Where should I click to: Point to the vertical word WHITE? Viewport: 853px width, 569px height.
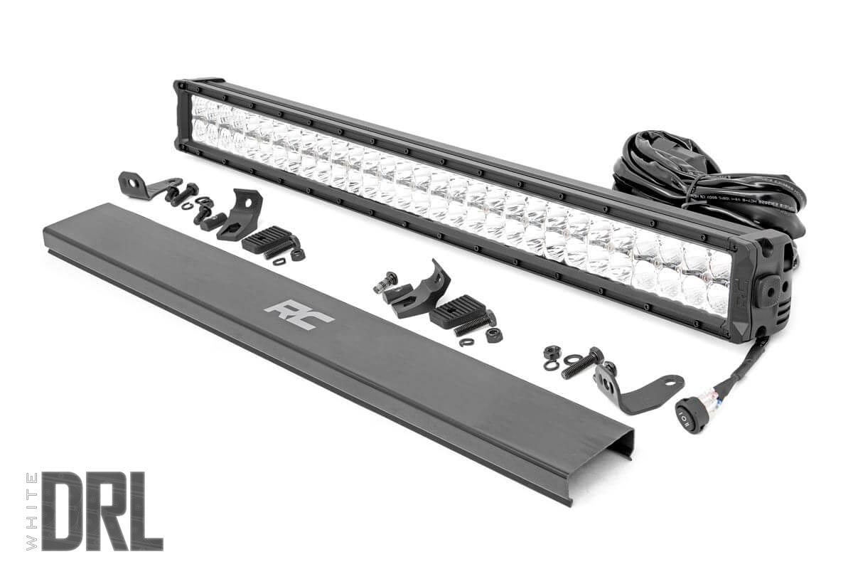point(31,511)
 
